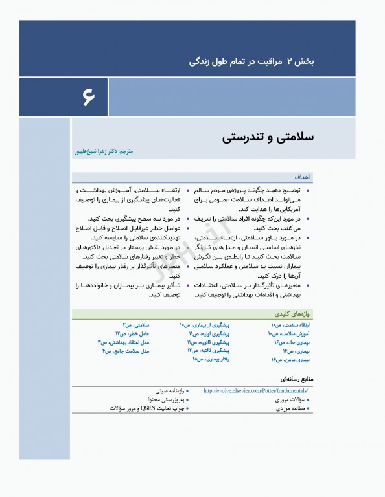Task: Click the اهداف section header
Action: [303, 176]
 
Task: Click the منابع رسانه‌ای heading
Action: [299, 379]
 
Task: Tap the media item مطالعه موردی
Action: [290, 408]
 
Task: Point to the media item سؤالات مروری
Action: [290, 400]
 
